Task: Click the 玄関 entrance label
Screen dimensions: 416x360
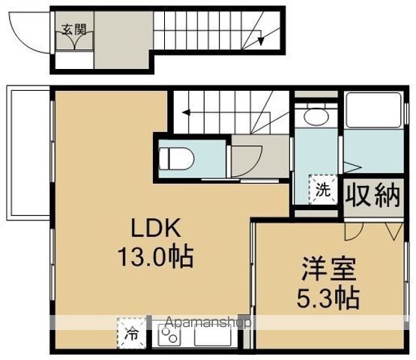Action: point(74,30)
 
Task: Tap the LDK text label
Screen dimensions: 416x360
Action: point(156,229)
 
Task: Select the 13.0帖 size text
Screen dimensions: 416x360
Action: point(156,257)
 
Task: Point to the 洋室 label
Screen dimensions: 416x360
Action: point(328,269)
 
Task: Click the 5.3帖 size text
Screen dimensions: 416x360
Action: point(328,298)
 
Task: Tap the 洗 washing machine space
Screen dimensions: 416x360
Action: point(322,189)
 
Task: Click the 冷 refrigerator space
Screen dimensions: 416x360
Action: point(132,334)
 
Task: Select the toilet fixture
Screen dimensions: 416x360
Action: point(176,159)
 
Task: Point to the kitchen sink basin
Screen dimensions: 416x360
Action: point(212,335)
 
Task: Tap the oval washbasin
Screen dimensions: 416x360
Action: point(316,116)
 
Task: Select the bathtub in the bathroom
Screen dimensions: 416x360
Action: point(373,110)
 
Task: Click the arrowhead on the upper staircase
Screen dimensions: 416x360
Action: point(261,41)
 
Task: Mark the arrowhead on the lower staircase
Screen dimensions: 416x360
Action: point(186,112)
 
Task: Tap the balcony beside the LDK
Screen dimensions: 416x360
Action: point(28,153)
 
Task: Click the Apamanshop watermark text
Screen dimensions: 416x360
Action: point(208,322)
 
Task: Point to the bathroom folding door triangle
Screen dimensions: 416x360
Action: point(352,167)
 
